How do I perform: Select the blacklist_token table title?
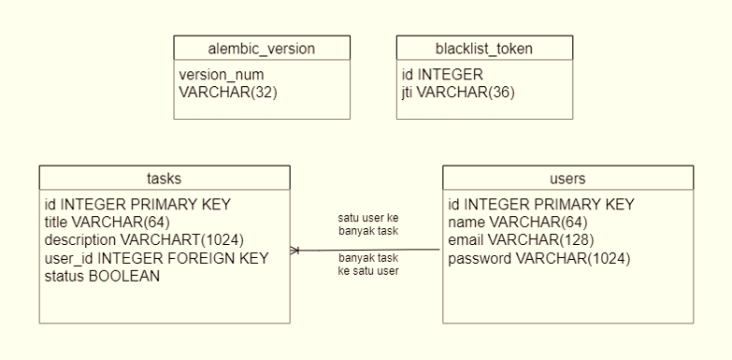pos(483,48)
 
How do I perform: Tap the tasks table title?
pos(165,177)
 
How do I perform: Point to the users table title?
pos(567,177)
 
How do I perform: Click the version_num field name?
pos(221,74)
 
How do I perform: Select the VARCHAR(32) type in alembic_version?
pos(227,92)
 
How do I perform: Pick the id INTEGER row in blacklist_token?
pos(442,74)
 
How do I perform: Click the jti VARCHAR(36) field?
pos(458,92)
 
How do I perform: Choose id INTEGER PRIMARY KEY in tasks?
pos(137,204)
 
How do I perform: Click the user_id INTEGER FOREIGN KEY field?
pos(156,258)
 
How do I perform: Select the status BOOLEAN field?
pos(102,276)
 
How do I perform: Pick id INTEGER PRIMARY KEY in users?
pos(541,204)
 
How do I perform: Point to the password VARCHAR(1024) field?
pos(539,258)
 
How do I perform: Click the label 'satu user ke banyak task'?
pos(367,223)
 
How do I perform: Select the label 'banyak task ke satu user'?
pos(367,264)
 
